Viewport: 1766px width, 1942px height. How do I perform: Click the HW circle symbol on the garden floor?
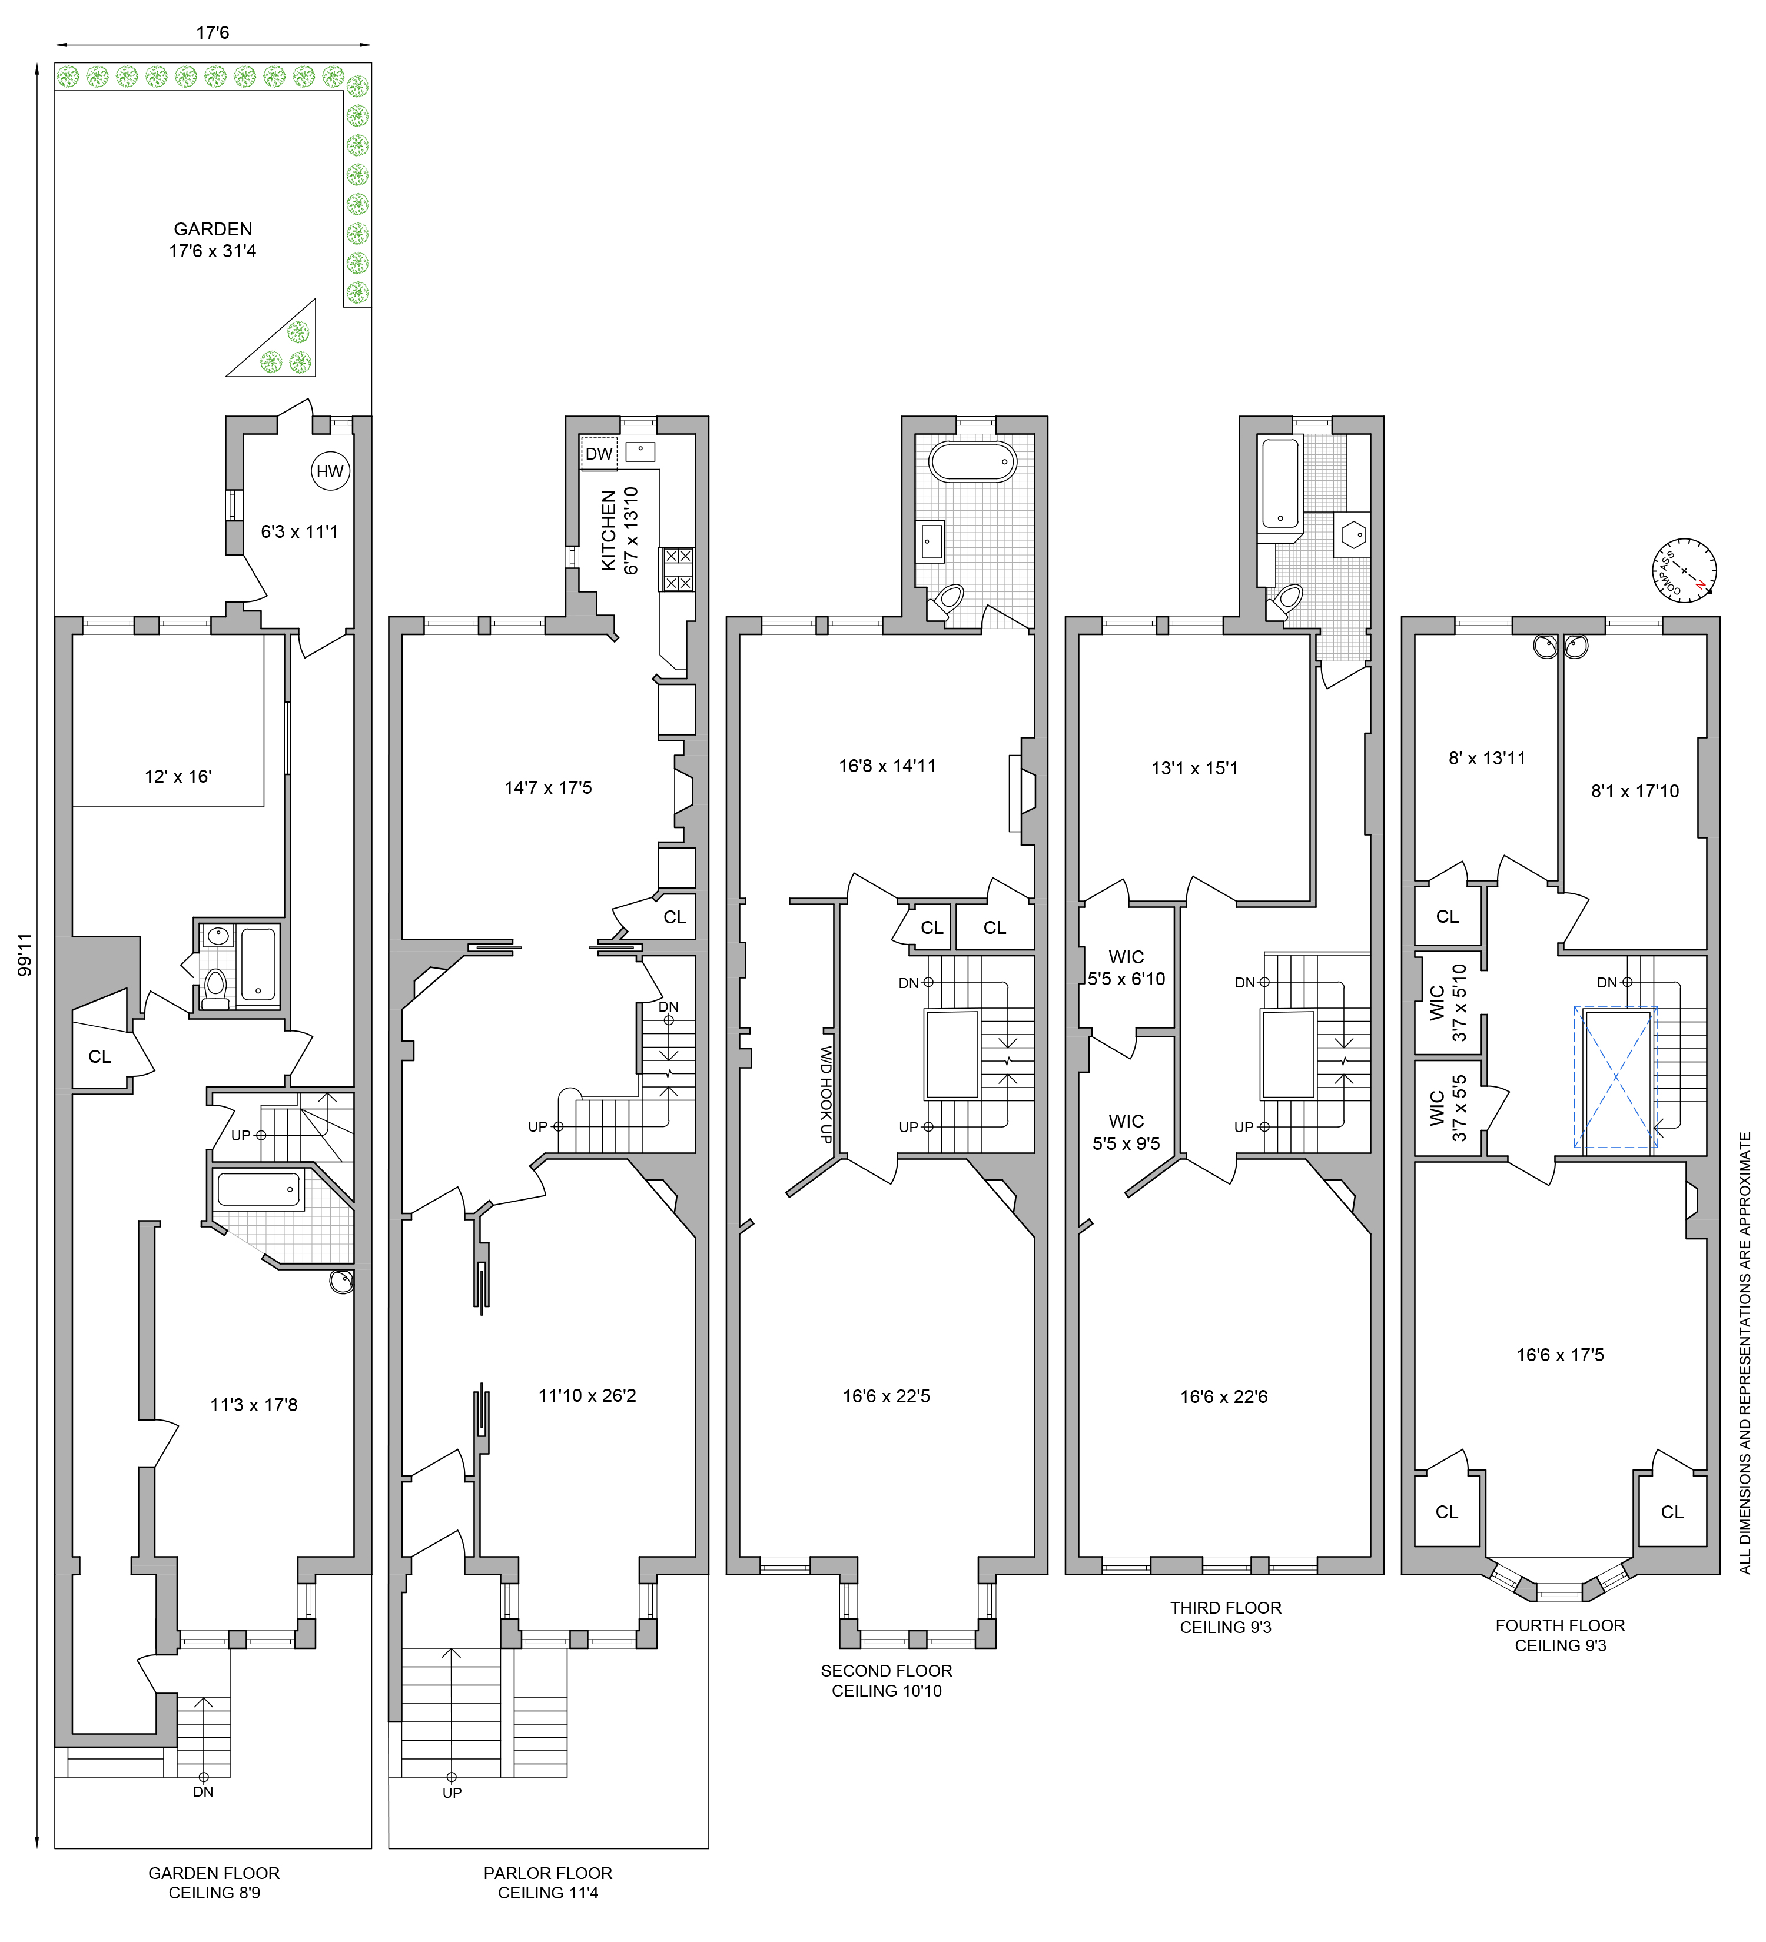pos(330,471)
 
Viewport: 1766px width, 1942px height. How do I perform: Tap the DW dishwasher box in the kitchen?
pos(598,454)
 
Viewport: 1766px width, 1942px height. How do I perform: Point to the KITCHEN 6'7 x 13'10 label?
pos(619,531)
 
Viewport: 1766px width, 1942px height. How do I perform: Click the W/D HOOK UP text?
pos(826,1095)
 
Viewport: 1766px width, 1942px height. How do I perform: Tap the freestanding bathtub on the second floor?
pos(972,463)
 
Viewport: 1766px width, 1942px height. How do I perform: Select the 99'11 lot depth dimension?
pos(26,954)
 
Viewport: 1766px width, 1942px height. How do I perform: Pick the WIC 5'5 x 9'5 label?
pos(1126,1132)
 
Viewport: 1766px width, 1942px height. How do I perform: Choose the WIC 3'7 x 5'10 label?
pos(1448,1003)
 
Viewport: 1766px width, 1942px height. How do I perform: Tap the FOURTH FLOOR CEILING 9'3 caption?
pos(1560,1635)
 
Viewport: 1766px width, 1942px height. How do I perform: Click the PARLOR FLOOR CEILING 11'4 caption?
pos(547,1883)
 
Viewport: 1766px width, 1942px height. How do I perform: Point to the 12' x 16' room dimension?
pos(178,776)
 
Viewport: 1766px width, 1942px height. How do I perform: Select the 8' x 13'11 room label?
pos(1486,758)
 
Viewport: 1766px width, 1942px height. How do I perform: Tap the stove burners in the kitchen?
pos(676,569)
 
